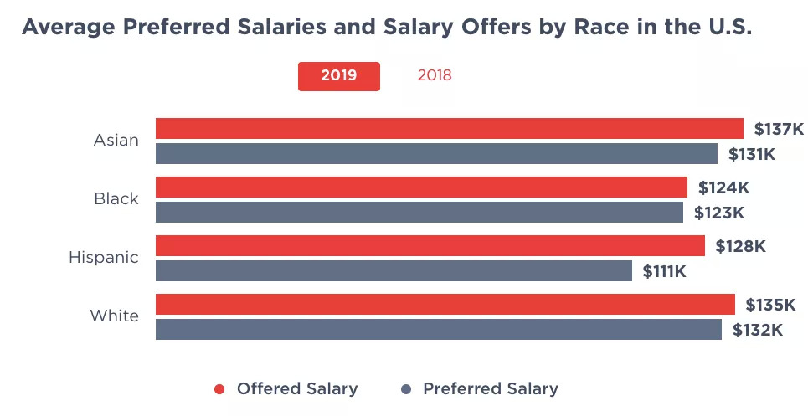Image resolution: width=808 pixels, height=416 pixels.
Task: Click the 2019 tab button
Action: click(x=338, y=75)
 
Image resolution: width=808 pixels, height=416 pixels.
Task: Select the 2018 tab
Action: click(x=435, y=75)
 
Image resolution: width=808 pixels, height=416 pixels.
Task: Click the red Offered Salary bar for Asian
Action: click(x=449, y=128)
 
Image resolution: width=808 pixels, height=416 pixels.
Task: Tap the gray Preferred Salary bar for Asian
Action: click(x=436, y=154)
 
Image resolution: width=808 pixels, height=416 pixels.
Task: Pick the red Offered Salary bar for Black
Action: click(x=421, y=187)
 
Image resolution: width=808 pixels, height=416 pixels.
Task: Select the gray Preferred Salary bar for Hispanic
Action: click(x=394, y=271)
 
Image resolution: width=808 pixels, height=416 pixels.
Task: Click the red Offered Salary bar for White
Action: click(x=445, y=304)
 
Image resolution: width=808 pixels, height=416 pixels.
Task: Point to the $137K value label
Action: click(x=779, y=129)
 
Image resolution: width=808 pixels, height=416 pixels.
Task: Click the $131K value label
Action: click(x=752, y=154)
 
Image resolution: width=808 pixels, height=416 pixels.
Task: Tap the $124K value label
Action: click(x=723, y=187)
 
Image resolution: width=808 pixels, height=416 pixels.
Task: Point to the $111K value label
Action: click(x=665, y=271)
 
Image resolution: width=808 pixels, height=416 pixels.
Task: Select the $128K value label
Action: click(x=740, y=246)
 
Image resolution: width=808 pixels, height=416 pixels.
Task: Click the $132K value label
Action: click(x=757, y=330)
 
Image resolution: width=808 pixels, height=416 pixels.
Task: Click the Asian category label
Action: click(x=116, y=141)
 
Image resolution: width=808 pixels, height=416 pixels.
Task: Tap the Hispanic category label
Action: click(x=104, y=258)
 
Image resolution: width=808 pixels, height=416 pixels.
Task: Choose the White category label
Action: click(x=115, y=316)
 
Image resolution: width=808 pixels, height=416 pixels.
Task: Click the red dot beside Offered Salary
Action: click(x=220, y=389)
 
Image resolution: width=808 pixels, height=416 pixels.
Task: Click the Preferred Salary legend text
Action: click(x=490, y=388)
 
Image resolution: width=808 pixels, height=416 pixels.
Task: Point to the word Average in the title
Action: click(x=68, y=27)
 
